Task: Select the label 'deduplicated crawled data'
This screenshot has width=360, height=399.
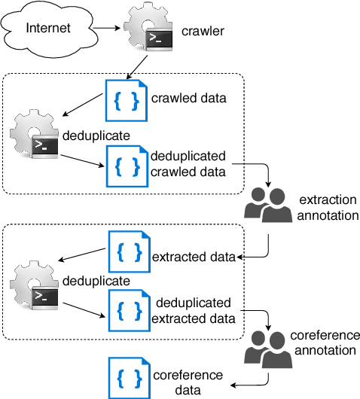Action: tap(188, 164)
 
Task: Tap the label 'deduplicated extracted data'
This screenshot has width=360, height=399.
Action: tap(194, 310)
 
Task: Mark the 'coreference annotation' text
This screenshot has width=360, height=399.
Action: tap(326, 343)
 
